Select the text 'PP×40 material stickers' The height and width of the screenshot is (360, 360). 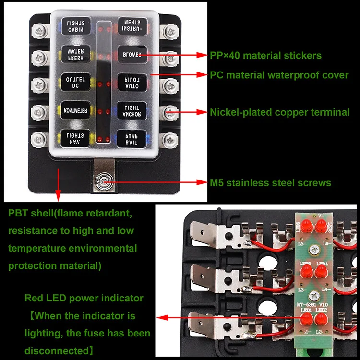(265, 56)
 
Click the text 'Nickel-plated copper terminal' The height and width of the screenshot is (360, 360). (279, 113)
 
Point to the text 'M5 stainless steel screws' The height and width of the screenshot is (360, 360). (270, 183)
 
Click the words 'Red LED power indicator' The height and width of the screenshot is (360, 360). (84, 298)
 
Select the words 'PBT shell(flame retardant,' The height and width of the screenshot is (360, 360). (72, 213)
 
